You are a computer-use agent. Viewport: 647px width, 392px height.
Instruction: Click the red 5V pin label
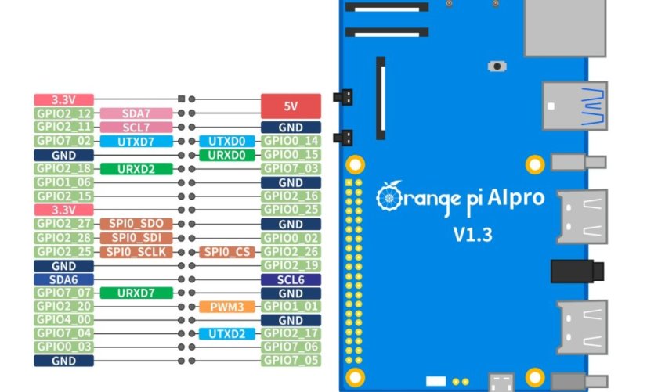tap(291, 106)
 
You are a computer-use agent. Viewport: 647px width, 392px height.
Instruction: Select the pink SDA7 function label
tap(136, 113)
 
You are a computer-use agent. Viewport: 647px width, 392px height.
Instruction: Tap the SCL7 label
tap(136, 127)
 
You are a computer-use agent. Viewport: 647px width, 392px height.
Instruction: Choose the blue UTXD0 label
tap(227, 141)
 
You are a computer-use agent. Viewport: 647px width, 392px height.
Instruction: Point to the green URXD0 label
tap(227, 155)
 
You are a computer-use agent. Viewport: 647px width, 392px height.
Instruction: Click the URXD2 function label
tap(136, 168)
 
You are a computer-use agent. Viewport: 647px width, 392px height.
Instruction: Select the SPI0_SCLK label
tap(136, 251)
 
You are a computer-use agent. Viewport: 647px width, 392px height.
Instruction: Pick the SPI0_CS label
tap(227, 251)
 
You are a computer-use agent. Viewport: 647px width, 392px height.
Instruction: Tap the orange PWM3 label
tap(227, 307)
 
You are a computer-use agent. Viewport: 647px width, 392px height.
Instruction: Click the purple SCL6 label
tap(291, 279)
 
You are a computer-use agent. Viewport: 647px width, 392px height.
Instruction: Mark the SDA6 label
tap(63, 279)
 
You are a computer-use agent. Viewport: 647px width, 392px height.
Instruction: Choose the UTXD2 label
tap(227, 334)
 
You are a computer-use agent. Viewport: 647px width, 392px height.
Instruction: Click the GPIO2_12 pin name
tap(63, 113)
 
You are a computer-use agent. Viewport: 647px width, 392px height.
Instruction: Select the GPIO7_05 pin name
tap(291, 361)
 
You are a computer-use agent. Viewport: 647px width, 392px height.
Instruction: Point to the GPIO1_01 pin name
tap(291, 307)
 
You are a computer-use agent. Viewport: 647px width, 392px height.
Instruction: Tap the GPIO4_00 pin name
tap(63, 320)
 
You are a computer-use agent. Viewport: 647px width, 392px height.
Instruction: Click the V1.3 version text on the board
tap(472, 234)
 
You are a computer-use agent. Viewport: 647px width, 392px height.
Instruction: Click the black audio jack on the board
tap(577, 272)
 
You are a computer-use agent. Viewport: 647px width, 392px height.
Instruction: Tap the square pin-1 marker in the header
tap(182, 99)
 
